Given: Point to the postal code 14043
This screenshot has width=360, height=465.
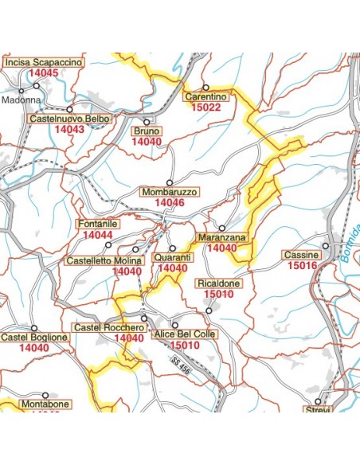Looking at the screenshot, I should coord(69,129).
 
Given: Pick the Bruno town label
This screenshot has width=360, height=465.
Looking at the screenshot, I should coord(147,131).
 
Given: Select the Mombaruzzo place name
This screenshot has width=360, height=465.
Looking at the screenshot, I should coord(170,193).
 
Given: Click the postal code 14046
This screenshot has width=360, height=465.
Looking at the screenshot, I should coord(170,204).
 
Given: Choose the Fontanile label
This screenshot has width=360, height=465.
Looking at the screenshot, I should coord(98,225).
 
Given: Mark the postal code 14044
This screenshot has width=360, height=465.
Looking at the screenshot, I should coord(98,236).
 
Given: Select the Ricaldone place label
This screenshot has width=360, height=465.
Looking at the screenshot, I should coord(217,283).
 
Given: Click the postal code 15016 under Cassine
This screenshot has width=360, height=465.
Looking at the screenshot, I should coord(302,266).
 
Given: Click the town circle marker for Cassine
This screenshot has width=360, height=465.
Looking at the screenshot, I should coord(326,246).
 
